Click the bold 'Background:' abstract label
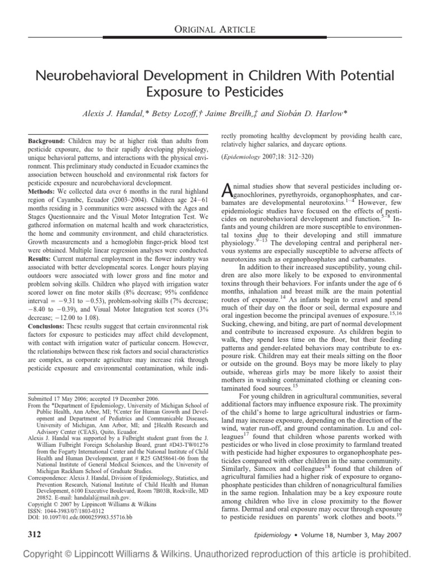[x=46, y=142]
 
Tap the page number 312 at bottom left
[x=35, y=533]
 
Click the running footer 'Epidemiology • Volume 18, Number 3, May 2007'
[x=346, y=534]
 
